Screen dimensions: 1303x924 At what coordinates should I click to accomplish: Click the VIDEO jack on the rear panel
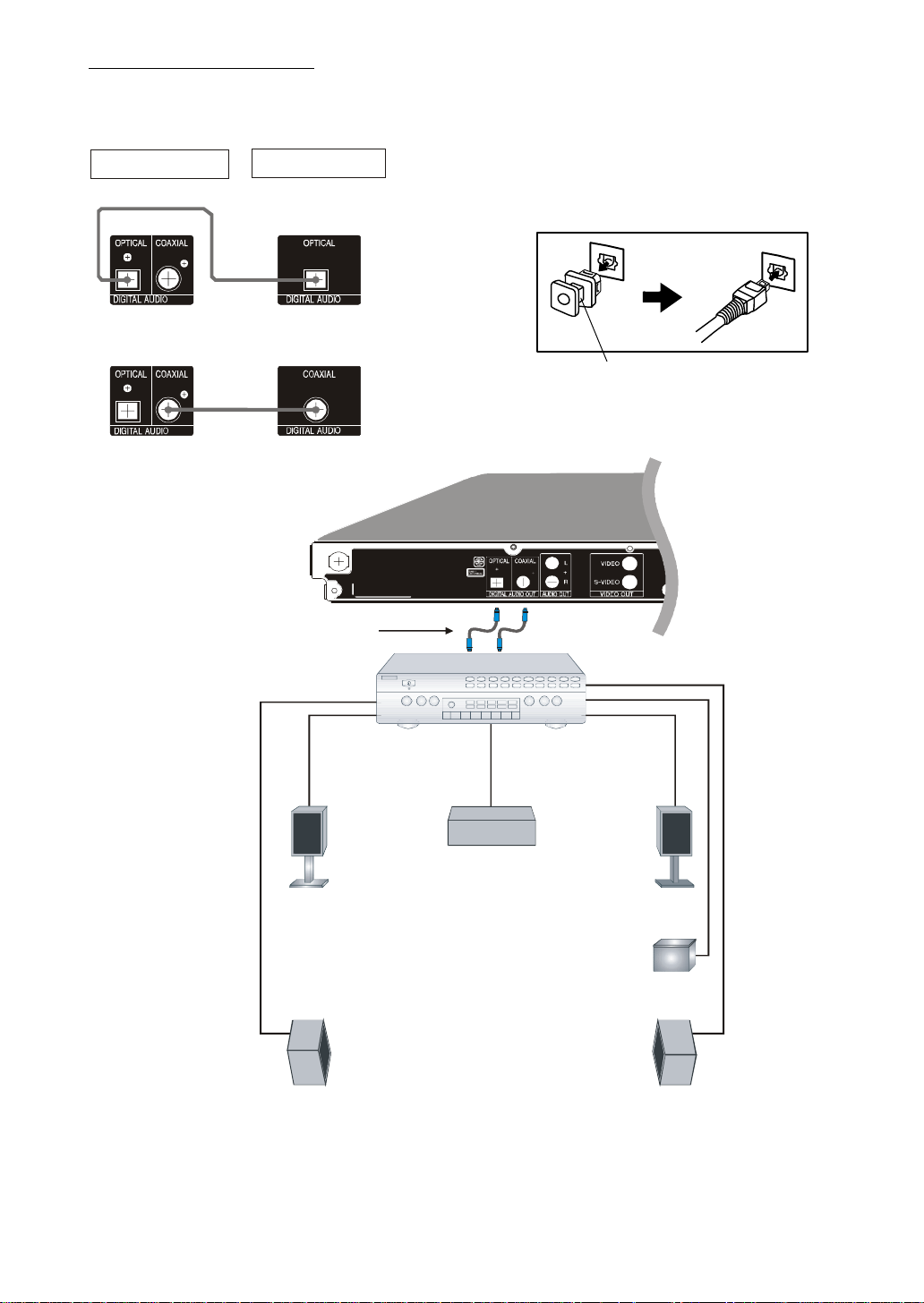pyautogui.click(x=629, y=563)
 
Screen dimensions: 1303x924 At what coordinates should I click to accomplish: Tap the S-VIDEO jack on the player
pyautogui.click(x=629, y=582)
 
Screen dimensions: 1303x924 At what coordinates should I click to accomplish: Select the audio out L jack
pyautogui.click(x=552, y=563)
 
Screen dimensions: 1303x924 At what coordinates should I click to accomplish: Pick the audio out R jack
pyautogui.click(x=552, y=582)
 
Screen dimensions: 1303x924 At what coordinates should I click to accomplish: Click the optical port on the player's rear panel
pyautogui.click(x=497, y=582)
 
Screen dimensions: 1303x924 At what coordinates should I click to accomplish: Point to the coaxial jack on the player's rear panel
pyautogui.click(x=524, y=582)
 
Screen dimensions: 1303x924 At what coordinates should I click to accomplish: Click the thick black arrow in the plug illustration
pyautogui.click(x=663, y=298)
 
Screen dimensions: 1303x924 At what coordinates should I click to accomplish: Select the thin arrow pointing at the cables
pyautogui.click(x=417, y=631)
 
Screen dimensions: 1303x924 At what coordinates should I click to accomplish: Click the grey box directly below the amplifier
pyautogui.click(x=492, y=826)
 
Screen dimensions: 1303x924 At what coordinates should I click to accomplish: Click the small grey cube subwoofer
pyautogui.click(x=674, y=956)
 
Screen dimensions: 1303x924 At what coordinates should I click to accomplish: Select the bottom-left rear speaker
pyautogui.click(x=308, y=1052)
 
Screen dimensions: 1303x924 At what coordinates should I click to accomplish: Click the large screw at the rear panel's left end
pyautogui.click(x=339, y=561)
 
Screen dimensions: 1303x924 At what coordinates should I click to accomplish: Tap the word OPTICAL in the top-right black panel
pyautogui.click(x=319, y=243)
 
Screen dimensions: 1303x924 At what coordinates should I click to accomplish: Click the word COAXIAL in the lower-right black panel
pyautogui.click(x=319, y=374)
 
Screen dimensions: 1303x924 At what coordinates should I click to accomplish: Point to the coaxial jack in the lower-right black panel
pyautogui.click(x=314, y=410)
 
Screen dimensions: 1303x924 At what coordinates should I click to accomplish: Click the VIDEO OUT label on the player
pyautogui.click(x=616, y=594)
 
